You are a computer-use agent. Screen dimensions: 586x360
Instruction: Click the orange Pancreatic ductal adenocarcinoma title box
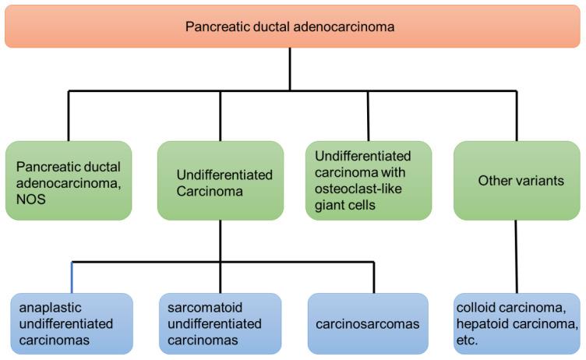292,26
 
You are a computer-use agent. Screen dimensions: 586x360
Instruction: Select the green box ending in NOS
69,181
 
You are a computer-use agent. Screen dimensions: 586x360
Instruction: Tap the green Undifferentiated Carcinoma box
221,181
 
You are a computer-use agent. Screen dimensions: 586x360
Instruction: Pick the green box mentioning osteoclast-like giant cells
369,181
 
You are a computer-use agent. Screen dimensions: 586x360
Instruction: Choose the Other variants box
517,181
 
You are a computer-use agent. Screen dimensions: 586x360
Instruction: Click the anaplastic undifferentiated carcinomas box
72,323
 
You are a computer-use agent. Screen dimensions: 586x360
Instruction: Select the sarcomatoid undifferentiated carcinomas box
220,323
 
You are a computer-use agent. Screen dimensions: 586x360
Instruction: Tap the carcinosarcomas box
368,323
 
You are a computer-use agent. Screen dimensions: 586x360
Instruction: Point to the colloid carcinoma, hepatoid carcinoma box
517,323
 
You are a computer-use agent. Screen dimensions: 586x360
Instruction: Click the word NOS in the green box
31,199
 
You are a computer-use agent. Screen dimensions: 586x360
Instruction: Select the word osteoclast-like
358,189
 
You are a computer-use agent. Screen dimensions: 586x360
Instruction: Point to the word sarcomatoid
205,308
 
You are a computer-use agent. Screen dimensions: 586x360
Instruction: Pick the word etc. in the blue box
467,341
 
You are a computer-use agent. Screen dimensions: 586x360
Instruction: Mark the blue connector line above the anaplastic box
72,277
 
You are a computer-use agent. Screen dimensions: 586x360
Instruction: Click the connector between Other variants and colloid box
517,257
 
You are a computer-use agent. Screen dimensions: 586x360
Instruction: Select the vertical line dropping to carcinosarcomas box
374,277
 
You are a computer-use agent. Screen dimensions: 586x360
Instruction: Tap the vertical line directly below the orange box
290,69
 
